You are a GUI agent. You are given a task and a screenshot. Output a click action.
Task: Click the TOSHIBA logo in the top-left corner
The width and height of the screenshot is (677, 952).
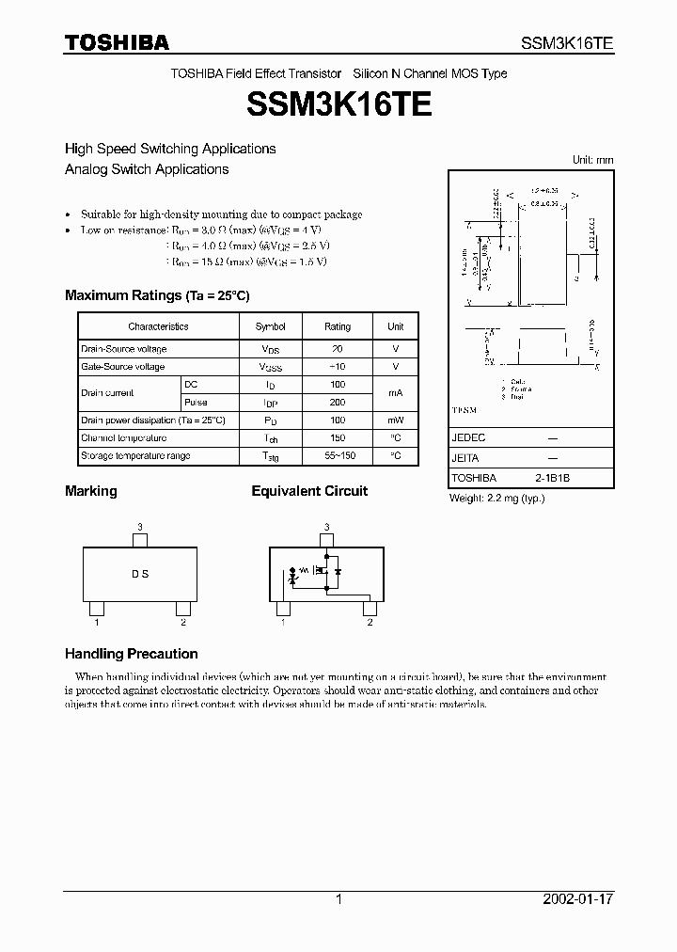[117, 42]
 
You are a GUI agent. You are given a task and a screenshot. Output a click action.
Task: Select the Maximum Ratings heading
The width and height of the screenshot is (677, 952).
[157, 295]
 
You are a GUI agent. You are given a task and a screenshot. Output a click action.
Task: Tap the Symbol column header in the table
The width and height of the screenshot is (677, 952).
[270, 326]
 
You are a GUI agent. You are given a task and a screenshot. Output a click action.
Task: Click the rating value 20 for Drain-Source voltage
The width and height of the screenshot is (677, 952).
[338, 349]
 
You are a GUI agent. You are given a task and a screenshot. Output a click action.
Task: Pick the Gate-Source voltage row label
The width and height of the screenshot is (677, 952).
[123, 367]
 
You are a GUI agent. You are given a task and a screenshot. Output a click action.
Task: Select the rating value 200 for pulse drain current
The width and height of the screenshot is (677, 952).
[338, 403]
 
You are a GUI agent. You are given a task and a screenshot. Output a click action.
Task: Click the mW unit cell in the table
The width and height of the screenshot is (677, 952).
[396, 420]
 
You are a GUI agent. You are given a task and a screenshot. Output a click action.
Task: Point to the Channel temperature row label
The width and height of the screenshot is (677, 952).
[124, 438]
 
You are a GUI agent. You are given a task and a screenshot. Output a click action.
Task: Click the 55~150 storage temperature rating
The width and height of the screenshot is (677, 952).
[338, 456]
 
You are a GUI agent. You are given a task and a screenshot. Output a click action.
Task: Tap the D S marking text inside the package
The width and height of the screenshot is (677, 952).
[139, 574]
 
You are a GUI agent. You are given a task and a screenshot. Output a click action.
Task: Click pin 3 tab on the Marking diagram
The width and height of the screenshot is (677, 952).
[140, 541]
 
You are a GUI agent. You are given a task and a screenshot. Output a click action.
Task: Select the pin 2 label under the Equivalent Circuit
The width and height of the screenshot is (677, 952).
[370, 622]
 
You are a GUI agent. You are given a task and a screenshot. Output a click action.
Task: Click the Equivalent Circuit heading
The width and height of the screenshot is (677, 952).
[309, 491]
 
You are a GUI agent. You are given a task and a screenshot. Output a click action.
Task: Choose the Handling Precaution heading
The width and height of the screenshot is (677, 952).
[131, 654]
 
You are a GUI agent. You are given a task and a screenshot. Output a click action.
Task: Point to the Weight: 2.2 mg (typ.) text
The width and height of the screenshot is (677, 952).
[496, 498]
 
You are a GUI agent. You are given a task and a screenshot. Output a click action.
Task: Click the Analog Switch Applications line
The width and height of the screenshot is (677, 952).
[147, 169]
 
